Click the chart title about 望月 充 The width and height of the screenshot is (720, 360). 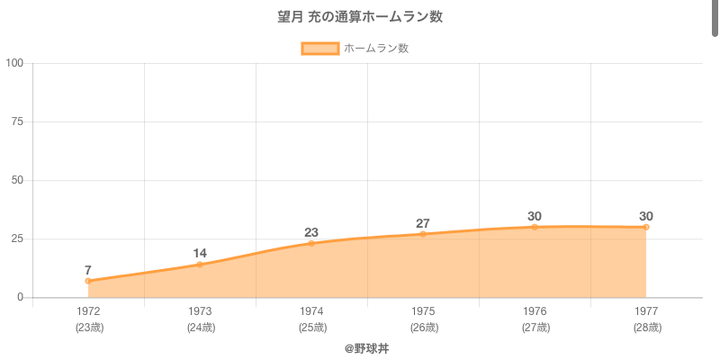[360, 17]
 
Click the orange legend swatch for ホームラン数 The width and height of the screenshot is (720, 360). [319, 49]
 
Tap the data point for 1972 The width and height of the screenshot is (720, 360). [88, 281]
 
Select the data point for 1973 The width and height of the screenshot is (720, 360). [200, 265]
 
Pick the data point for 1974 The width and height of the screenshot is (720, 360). [311, 243]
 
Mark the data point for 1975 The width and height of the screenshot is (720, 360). [423, 234]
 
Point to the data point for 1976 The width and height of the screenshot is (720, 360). [535, 227]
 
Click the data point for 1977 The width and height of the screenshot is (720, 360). [646, 227]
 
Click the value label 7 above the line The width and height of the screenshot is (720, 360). [88, 270]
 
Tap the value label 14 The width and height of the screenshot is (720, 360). [200, 253]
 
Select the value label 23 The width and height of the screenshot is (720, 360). [311, 232]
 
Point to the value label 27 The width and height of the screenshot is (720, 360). [423, 223]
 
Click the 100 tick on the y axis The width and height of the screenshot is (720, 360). [14, 63]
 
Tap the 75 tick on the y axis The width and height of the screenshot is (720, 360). [17, 121]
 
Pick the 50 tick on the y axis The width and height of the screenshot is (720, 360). [17, 180]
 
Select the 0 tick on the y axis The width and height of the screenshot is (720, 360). [21, 297]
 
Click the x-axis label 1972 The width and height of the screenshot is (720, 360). [88, 311]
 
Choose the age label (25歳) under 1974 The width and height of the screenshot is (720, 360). [311, 328]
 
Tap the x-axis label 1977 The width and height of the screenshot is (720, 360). [646, 311]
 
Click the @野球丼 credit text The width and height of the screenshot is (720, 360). [360, 348]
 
